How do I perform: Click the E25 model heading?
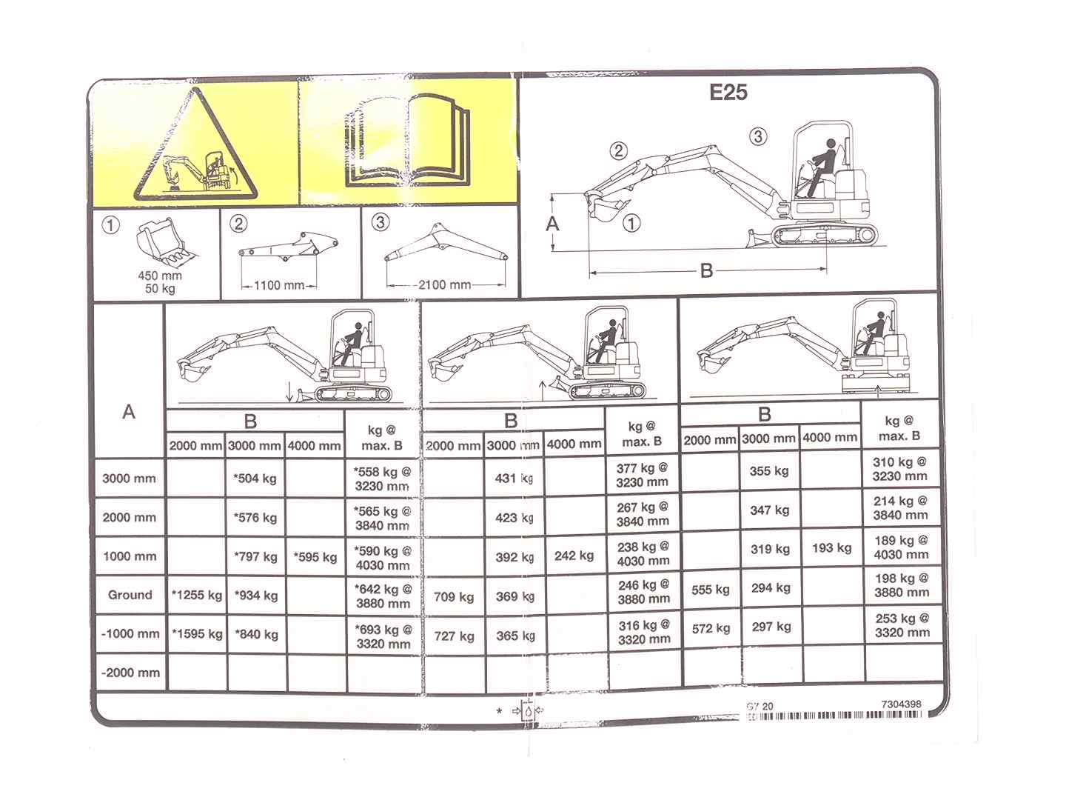click(728, 93)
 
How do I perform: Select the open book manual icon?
click(407, 141)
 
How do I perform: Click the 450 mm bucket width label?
click(160, 276)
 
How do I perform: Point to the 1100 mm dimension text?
click(279, 285)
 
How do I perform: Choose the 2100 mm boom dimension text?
click(444, 284)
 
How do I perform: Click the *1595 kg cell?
click(197, 634)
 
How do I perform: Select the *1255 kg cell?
click(197, 595)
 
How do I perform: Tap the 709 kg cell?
click(454, 596)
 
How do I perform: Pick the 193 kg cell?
click(832, 548)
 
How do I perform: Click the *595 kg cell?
click(315, 557)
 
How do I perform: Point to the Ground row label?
click(130, 595)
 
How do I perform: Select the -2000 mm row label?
click(130, 673)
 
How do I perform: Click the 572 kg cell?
click(711, 629)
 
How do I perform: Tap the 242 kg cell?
click(574, 556)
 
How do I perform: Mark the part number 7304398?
click(902, 704)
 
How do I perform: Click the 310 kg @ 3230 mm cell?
click(899, 469)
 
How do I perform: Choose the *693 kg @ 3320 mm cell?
click(383, 637)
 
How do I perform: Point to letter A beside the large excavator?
click(553, 224)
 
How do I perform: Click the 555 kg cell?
click(711, 590)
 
